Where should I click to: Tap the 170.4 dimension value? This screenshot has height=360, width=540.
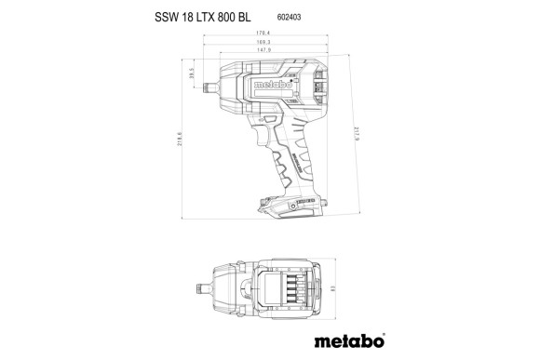coord(262,33)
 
